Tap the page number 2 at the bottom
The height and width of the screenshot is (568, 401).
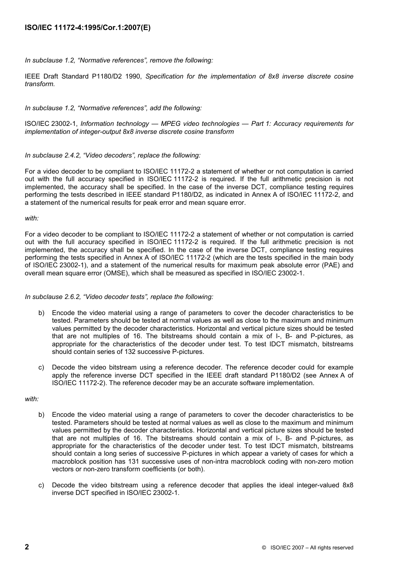27,547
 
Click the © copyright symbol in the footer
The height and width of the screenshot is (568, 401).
263,548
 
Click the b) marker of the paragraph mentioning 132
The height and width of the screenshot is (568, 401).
41,313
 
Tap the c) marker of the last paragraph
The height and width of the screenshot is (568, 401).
41,485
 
